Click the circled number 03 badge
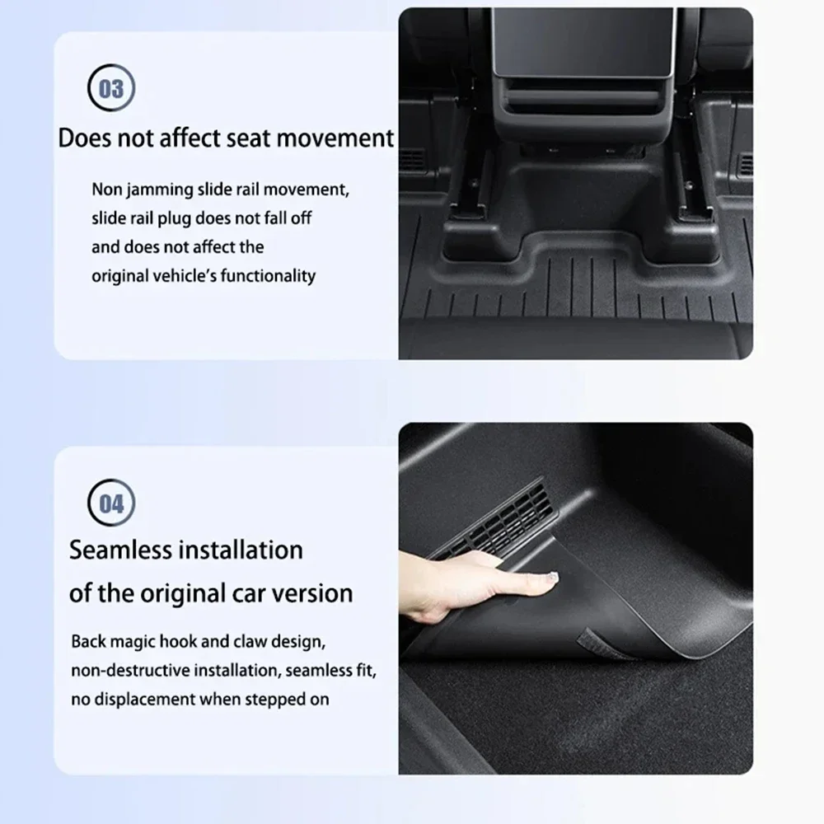pos(111,88)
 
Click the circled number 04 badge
pos(111,503)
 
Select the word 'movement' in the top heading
pos(335,138)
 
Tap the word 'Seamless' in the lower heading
pos(121,550)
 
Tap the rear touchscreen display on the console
pos(583,42)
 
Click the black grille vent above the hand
pos(491,520)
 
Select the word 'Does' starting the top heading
pos(85,138)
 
